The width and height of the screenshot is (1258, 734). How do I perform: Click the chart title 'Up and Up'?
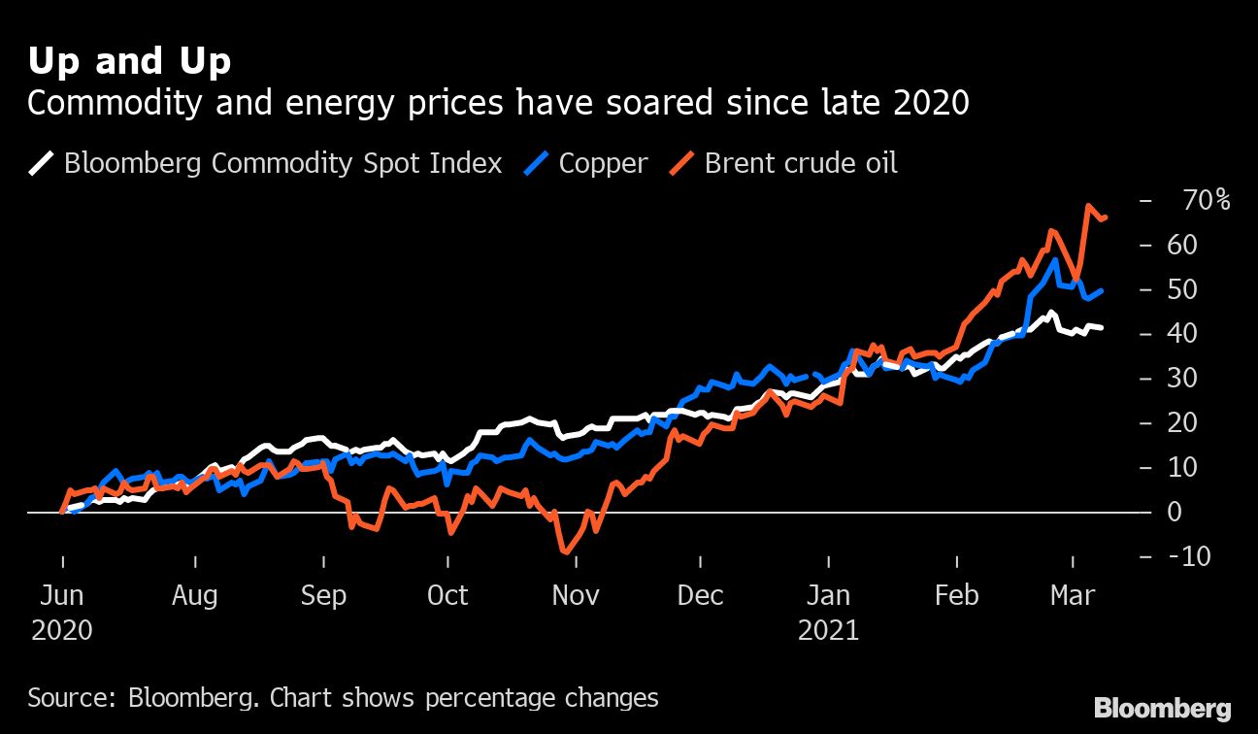(129, 61)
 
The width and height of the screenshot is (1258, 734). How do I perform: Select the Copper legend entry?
(602, 162)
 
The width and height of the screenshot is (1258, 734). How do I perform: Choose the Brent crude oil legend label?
(800, 162)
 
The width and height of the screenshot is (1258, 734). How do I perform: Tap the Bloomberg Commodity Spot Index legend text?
(282, 162)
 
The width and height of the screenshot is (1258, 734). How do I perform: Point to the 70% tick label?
(1207, 201)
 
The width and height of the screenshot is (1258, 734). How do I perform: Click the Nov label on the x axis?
(576, 595)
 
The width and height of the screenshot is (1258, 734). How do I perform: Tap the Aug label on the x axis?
(195, 595)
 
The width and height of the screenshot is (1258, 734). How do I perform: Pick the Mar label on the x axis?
(1073, 595)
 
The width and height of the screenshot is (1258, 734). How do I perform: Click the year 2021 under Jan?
(828, 630)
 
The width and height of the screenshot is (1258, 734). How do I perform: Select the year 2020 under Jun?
(62, 630)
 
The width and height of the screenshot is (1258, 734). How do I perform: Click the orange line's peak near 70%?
(1088, 207)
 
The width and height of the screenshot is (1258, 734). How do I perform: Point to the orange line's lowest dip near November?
(565, 551)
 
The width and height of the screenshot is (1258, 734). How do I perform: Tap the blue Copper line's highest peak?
(1054, 259)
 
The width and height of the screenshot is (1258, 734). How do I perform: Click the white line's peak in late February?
(1049, 313)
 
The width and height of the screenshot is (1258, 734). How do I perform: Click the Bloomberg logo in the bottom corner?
(1162, 709)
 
